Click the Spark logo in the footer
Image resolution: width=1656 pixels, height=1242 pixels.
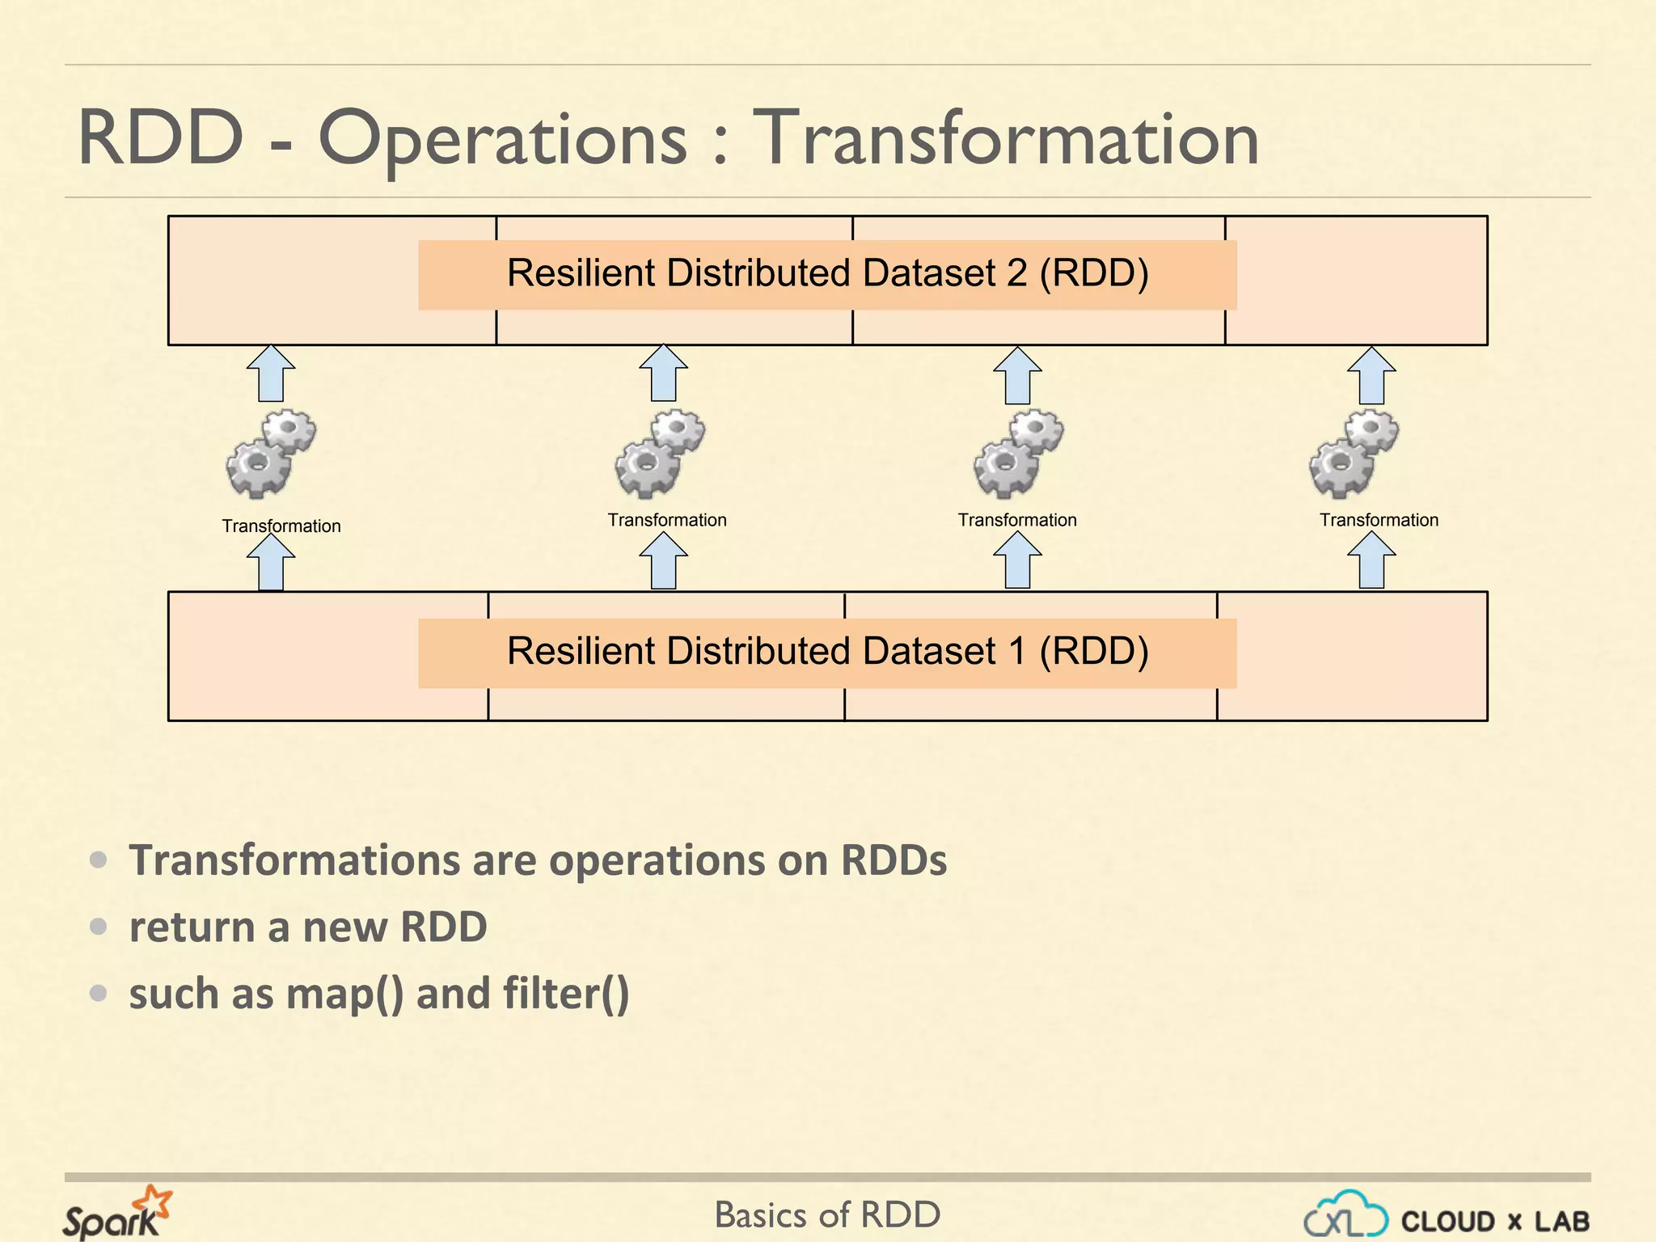click(x=116, y=1213)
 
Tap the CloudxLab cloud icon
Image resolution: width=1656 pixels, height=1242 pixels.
click(x=1345, y=1215)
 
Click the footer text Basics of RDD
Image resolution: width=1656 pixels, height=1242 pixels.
click(x=827, y=1215)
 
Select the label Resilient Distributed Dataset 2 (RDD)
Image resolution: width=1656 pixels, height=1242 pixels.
click(x=827, y=273)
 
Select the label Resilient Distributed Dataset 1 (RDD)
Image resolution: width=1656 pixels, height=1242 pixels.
click(x=827, y=652)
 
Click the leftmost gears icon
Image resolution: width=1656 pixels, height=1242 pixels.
click(x=271, y=454)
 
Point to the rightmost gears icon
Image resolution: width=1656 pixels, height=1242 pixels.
click(x=1354, y=454)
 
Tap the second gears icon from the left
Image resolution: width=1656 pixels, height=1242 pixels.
click(x=660, y=454)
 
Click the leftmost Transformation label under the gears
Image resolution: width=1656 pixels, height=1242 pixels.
click(x=281, y=526)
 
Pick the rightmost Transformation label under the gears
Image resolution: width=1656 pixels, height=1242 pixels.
click(x=1379, y=520)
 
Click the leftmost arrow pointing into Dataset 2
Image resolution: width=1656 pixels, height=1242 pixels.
click(x=271, y=374)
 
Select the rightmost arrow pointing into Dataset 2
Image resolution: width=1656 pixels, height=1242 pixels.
click(x=1371, y=375)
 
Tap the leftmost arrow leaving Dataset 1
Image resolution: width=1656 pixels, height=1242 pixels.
click(x=271, y=562)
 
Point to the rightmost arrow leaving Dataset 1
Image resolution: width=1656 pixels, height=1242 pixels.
click(x=1371, y=560)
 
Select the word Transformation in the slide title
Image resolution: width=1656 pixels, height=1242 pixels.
click(x=1006, y=139)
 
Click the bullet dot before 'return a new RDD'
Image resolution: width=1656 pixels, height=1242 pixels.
click(x=99, y=926)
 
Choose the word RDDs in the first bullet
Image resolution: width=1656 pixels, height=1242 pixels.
click(x=893, y=860)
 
